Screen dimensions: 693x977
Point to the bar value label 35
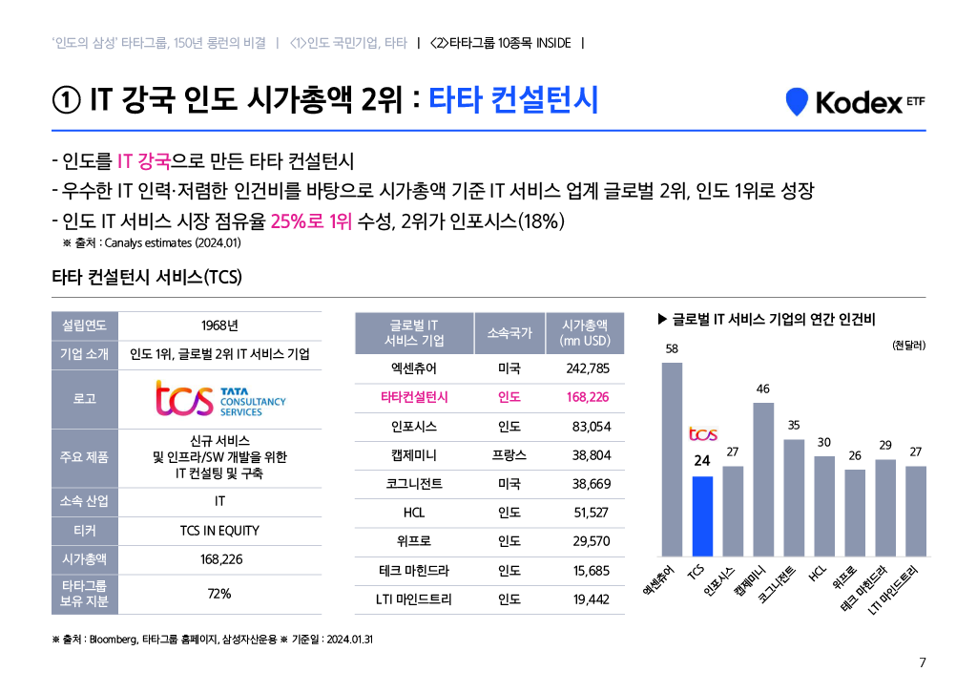click(794, 423)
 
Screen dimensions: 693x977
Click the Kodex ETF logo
click(854, 102)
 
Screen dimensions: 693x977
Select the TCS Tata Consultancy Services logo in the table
click(220, 398)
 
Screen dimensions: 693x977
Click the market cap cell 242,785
click(581, 368)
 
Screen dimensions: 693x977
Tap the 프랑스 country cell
click(509, 455)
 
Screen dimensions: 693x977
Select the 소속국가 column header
click(509, 333)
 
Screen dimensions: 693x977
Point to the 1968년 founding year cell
click(219, 325)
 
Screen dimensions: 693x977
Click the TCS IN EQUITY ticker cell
click(219, 531)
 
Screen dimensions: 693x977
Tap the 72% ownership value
click(219, 594)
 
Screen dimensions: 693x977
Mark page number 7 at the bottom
click(922, 663)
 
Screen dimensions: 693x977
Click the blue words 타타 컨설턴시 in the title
click(513, 100)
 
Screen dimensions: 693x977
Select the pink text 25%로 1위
click(311, 221)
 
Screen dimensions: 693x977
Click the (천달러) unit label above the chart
click(906, 345)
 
